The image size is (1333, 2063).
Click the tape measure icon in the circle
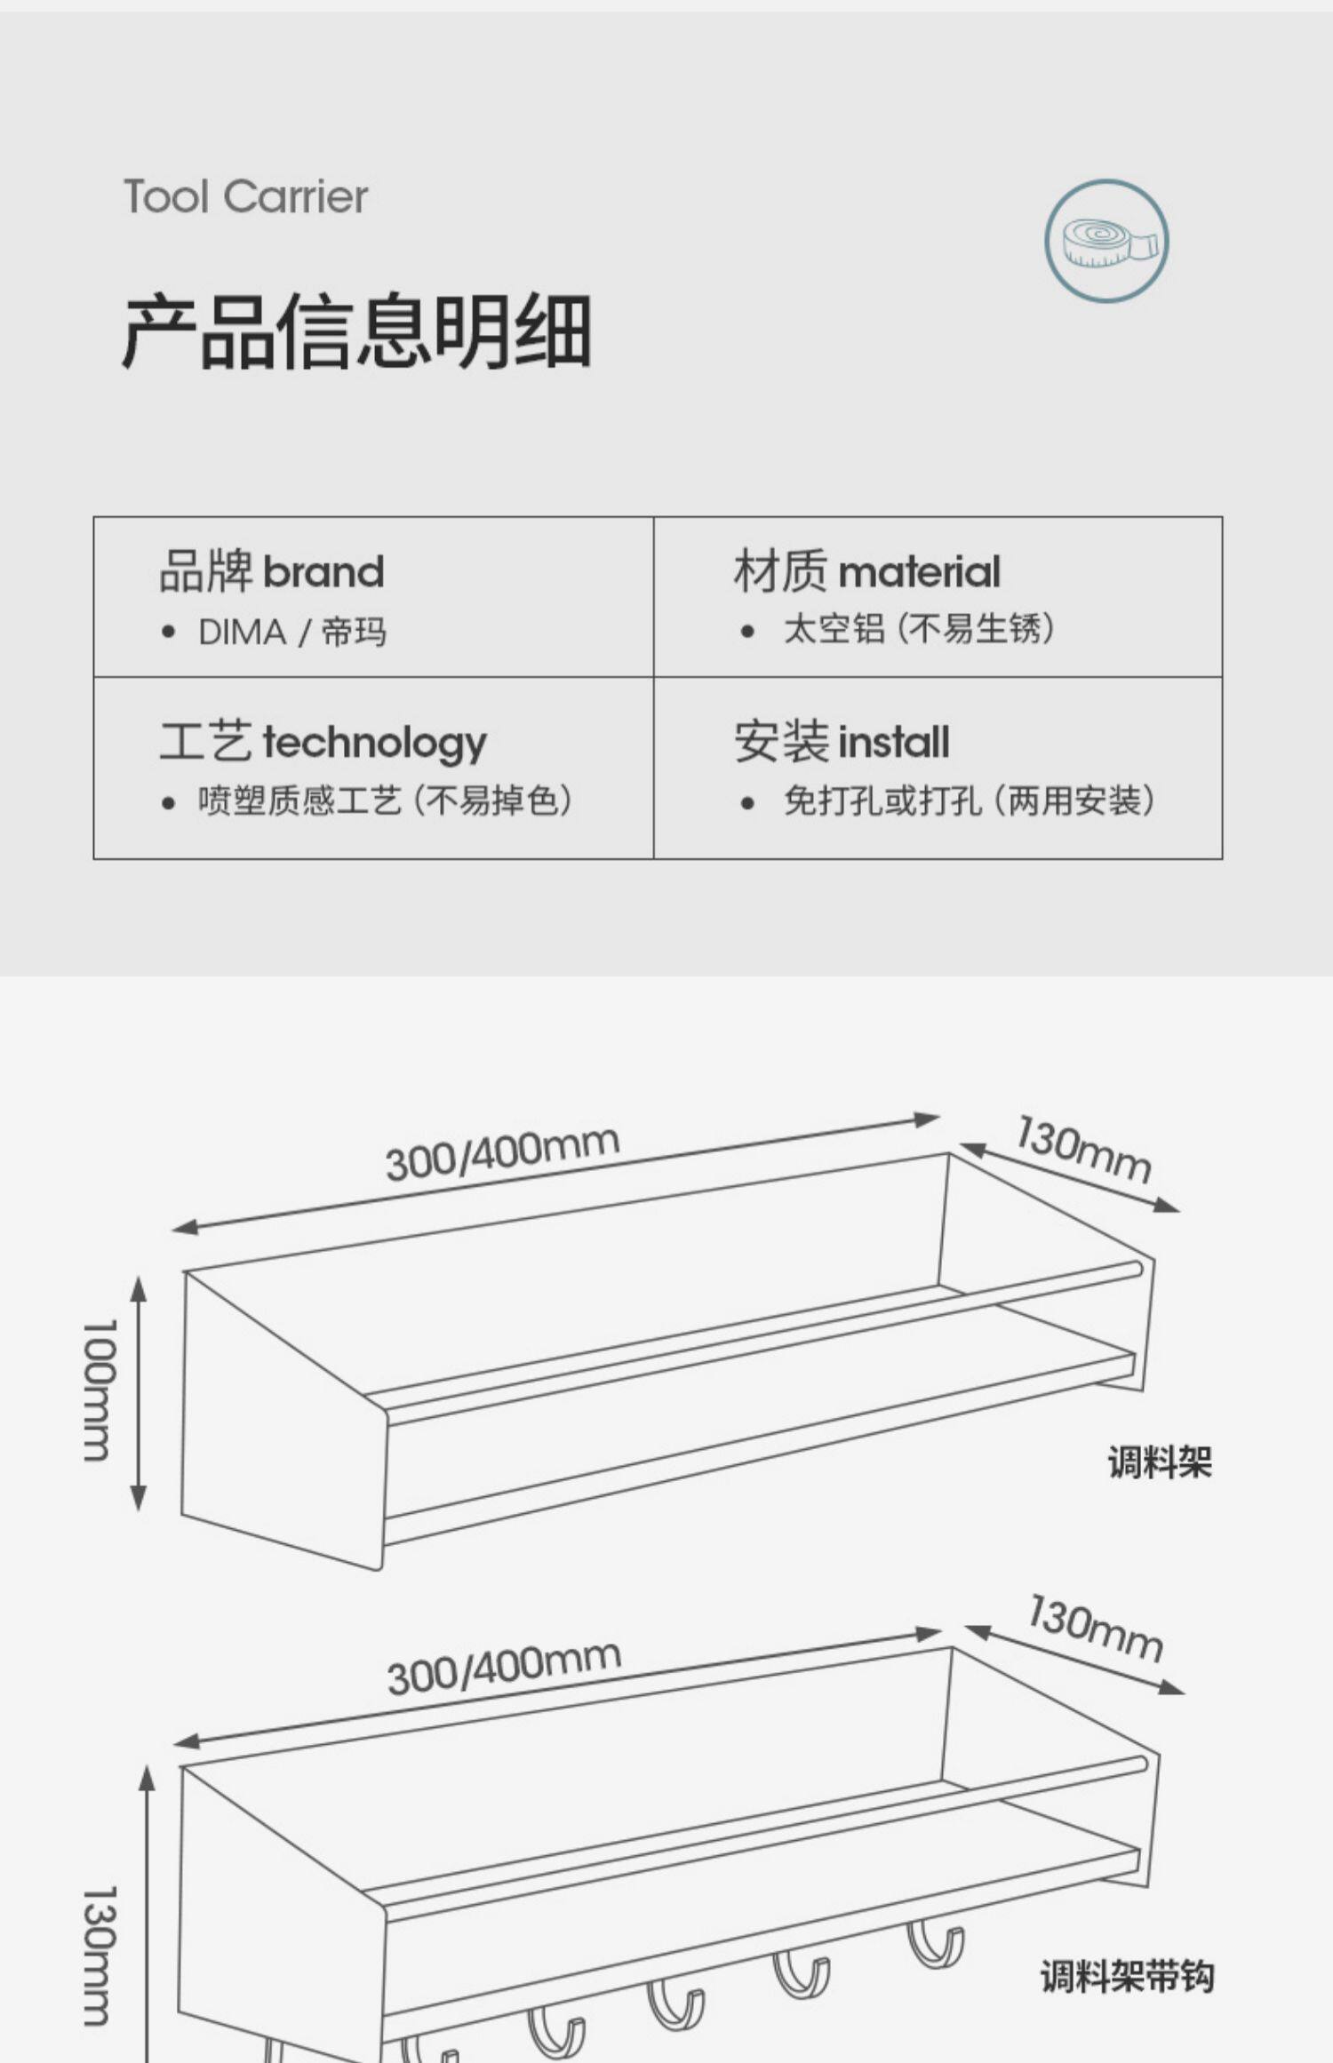(1106, 241)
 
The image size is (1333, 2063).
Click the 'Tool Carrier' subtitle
(245, 197)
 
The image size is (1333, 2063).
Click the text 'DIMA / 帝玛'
(291, 633)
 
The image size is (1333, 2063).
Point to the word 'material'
(919, 571)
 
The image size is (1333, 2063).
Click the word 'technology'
(374, 743)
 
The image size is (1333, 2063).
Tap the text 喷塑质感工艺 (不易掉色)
(384, 801)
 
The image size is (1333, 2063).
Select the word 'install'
(893, 743)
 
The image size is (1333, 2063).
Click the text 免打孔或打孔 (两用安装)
(969, 801)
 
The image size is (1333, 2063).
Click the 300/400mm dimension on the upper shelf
(502, 1153)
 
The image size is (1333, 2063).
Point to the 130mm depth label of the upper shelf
(1083, 1150)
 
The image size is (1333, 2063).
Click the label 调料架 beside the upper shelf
(1160, 1462)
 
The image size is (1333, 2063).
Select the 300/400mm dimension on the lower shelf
(504, 1669)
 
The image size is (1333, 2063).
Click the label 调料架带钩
(1127, 1976)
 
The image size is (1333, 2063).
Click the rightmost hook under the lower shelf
(935, 1944)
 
